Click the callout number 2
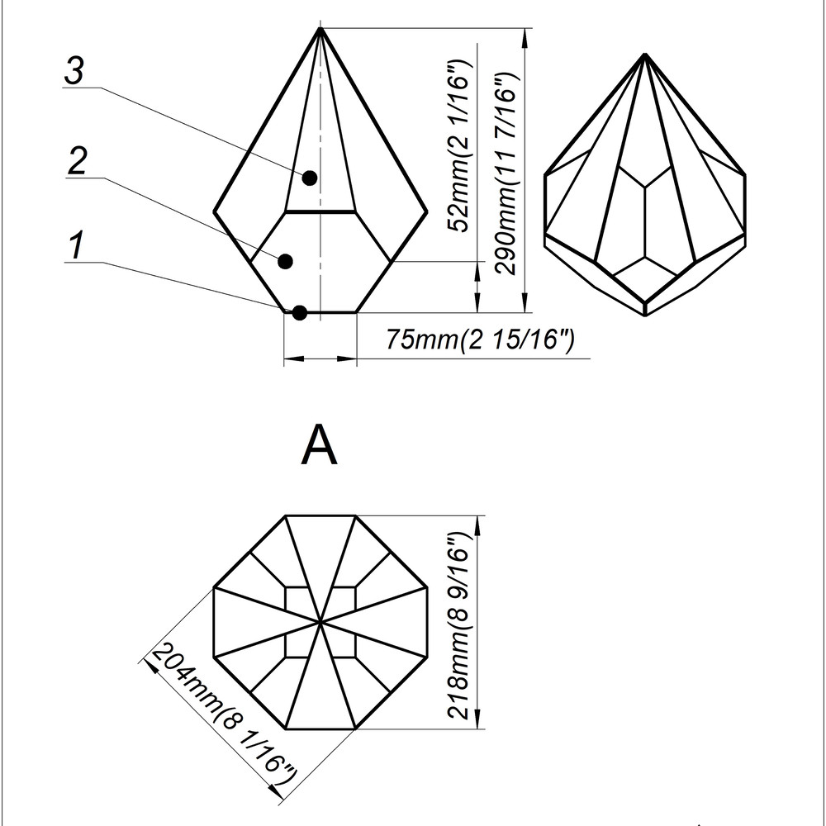pyautogui.click(x=77, y=161)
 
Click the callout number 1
pyautogui.click(x=76, y=245)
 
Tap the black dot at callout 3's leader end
pyautogui.click(x=310, y=178)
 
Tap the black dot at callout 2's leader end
pyautogui.click(x=286, y=261)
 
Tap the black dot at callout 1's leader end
pyautogui.click(x=300, y=312)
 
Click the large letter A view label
pyautogui.click(x=320, y=447)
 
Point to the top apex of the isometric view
pyautogui.click(x=646, y=55)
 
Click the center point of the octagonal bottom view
pyautogui.click(x=320, y=621)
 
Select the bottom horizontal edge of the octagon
pyautogui.click(x=320, y=729)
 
